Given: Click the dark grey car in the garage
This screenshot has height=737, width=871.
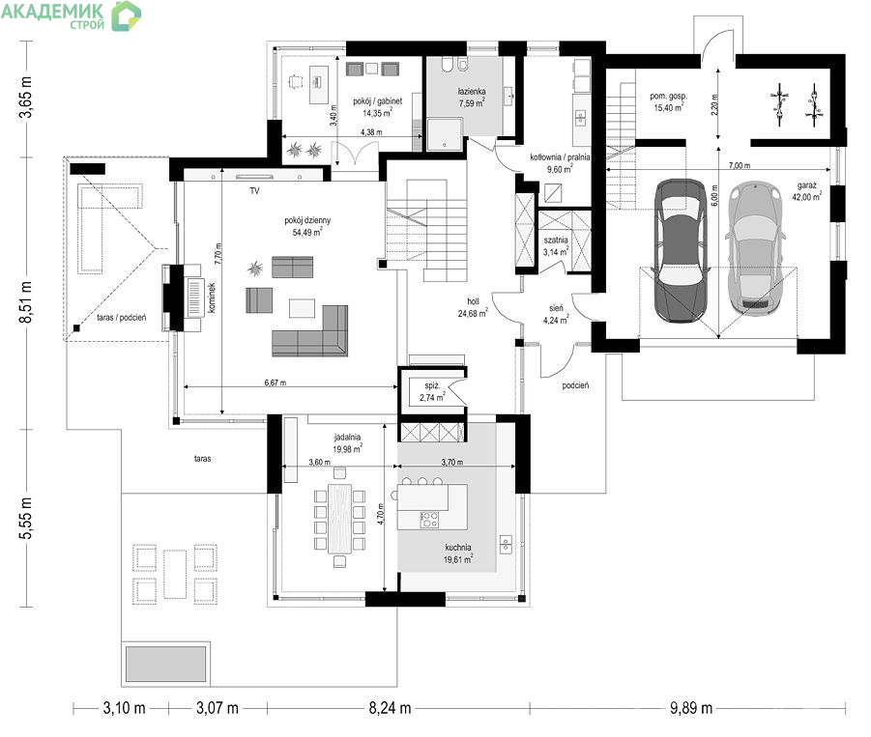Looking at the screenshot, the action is [681, 250].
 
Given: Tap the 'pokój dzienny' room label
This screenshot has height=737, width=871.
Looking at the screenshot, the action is [307, 220].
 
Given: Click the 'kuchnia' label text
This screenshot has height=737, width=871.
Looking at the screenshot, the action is [458, 548].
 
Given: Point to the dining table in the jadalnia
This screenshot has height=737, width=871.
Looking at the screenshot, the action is [339, 519].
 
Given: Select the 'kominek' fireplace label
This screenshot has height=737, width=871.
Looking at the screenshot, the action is [211, 298].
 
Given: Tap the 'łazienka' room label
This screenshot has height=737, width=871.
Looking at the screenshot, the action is [472, 91].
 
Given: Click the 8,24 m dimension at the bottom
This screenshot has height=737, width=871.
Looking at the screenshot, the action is [390, 708].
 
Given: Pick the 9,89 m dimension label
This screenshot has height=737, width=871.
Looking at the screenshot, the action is [691, 708].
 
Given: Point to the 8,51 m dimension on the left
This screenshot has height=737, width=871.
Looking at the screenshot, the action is [26, 302].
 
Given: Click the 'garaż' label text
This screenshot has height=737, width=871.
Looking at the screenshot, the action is [807, 185].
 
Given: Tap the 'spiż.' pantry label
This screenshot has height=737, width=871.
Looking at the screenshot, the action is [432, 385].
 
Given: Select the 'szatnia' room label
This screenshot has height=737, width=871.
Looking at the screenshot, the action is [556, 240].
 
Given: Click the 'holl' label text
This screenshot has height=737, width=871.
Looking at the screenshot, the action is [473, 301].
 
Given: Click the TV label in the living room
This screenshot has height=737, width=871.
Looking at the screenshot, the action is [254, 191].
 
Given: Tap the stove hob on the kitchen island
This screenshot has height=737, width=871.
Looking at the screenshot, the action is [429, 520].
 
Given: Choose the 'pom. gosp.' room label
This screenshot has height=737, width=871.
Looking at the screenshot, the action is [668, 96].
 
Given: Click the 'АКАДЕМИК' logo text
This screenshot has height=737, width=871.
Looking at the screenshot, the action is [52, 11].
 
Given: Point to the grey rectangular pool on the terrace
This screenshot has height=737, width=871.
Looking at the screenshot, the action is [165, 664].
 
